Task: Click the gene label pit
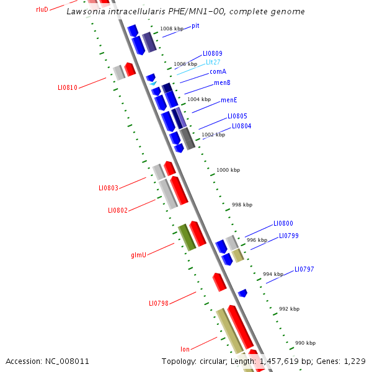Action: tap(195, 25)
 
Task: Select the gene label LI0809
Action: tap(212, 54)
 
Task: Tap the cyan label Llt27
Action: tap(213, 63)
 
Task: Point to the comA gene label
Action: tap(218, 72)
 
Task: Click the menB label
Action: tap(222, 82)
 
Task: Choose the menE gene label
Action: tap(229, 100)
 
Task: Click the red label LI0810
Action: tap(68, 88)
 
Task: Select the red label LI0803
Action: tap(108, 188)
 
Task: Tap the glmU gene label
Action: tap(138, 255)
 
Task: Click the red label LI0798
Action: tap(159, 303)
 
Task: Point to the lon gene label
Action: tap(185, 350)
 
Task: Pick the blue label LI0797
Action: tap(304, 269)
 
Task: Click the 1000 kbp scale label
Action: tap(228, 170)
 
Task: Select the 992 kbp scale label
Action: tap(289, 309)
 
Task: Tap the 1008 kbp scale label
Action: tap(171, 29)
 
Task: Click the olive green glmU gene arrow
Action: tap(187, 237)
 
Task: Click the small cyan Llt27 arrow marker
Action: tap(153, 83)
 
